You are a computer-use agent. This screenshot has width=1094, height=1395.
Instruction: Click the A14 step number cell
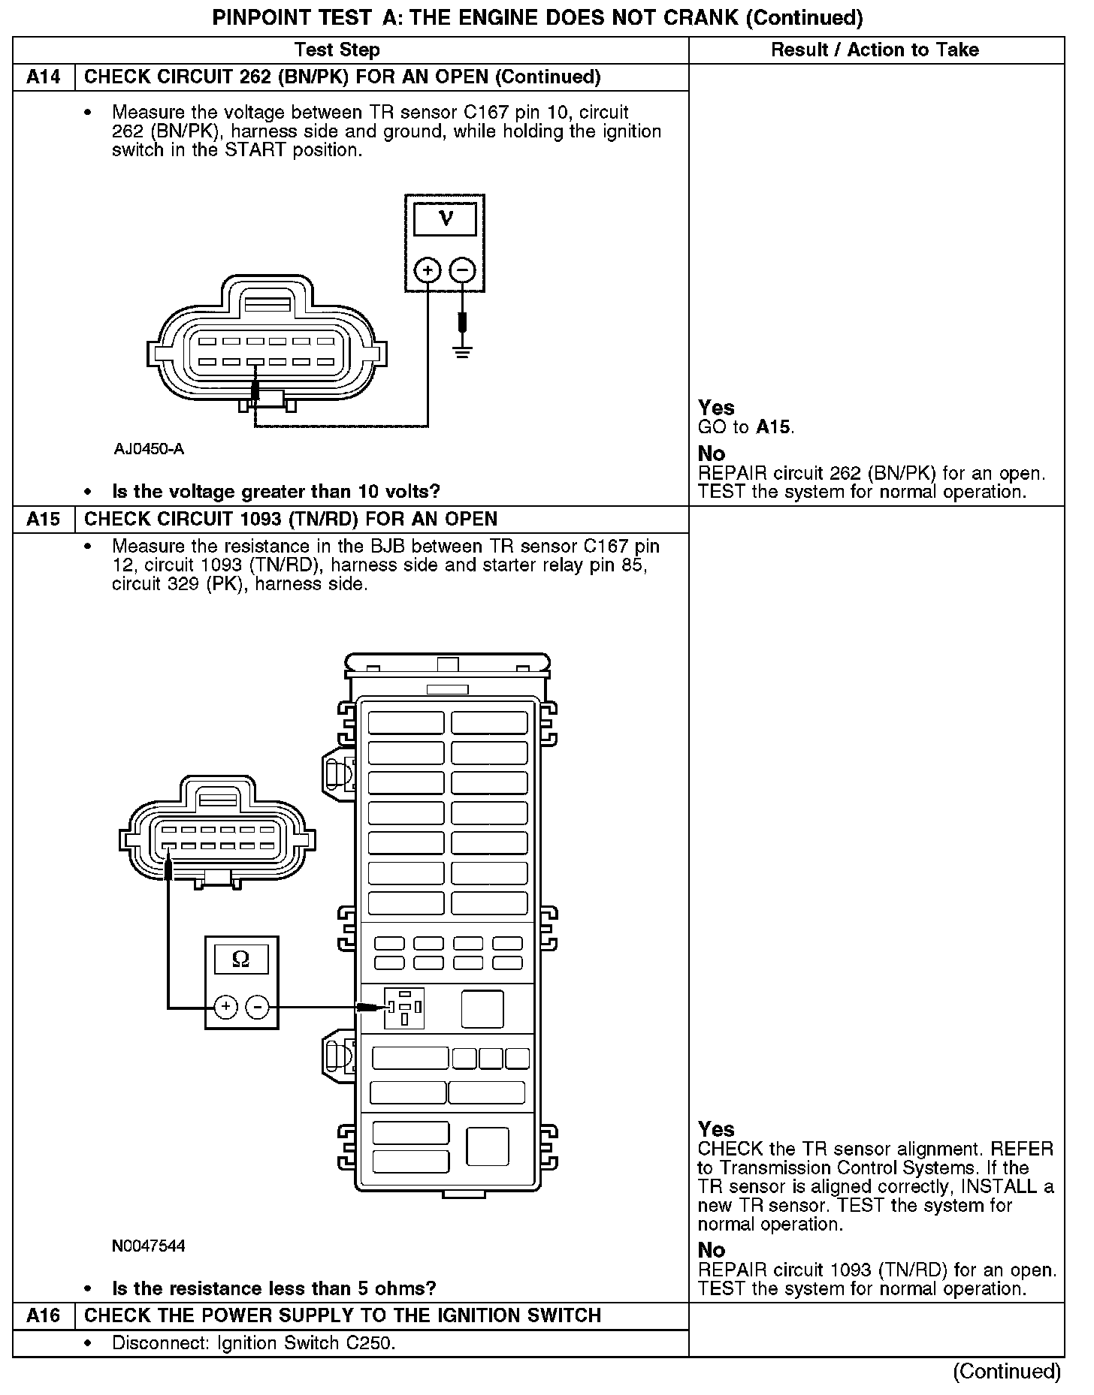[x=44, y=77]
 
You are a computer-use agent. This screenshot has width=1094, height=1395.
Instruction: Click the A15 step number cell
[x=44, y=520]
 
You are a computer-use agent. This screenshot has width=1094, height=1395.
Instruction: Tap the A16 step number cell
[x=44, y=1315]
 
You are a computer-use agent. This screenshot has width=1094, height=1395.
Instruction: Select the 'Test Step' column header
[x=337, y=50]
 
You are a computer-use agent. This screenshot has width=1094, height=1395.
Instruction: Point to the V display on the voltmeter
[x=445, y=219]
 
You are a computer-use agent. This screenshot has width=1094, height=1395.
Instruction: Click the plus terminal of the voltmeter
[x=428, y=270]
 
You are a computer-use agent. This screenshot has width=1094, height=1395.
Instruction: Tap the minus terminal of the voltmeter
[x=463, y=270]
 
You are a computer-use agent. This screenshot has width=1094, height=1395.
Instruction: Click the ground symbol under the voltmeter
[x=463, y=351]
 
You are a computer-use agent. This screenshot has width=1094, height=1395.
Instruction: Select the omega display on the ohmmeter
[x=241, y=960]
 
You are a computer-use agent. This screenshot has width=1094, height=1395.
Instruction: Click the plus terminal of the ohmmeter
[x=226, y=1007]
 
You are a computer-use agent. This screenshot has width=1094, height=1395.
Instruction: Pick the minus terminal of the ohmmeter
[x=258, y=1007]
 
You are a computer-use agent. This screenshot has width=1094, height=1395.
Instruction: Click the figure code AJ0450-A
[x=149, y=450]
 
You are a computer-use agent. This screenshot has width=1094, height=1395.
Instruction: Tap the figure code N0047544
[x=149, y=1246]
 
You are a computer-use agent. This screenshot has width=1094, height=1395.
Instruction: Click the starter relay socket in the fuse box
[x=404, y=1008]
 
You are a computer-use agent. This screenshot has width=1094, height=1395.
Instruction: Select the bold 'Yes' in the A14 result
[x=716, y=408]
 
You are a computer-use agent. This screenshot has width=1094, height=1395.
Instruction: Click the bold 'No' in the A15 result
[x=712, y=1250]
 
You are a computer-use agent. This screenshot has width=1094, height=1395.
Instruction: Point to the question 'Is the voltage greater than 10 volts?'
[x=276, y=492]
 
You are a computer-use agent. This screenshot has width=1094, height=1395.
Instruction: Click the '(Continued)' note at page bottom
[x=1007, y=1372]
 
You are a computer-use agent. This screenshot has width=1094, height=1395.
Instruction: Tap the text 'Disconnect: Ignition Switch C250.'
[x=254, y=1343]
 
